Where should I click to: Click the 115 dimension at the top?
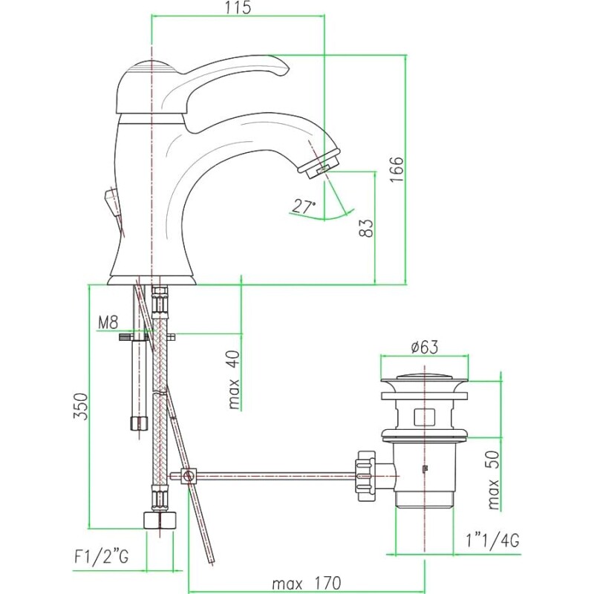click(238, 7)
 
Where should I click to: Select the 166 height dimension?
click(397, 169)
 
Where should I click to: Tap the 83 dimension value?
click(366, 228)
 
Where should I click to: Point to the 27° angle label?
click(304, 206)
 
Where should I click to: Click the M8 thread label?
click(108, 322)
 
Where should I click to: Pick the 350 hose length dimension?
click(81, 406)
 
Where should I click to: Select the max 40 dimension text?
click(235, 380)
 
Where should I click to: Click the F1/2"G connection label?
click(102, 557)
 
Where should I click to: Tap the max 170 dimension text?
click(306, 583)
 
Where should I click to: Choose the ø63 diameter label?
click(425, 347)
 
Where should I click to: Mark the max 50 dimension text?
click(493, 480)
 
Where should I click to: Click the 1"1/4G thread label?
click(492, 541)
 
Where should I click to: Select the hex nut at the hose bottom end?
click(160, 520)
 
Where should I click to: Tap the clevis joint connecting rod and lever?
click(188, 476)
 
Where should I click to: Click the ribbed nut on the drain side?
click(365, 476)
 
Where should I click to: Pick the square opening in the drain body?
click(424, 417)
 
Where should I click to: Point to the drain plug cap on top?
click(424, 377)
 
